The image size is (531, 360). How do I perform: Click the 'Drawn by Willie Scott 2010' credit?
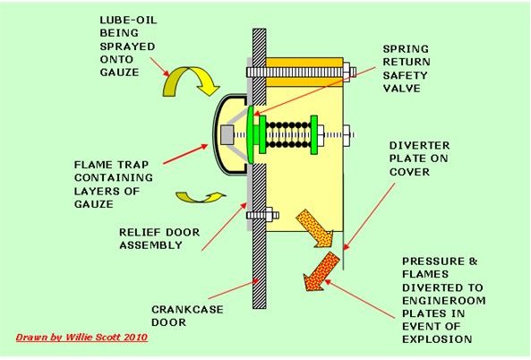[81, 338]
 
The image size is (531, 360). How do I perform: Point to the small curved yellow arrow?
[201, 197]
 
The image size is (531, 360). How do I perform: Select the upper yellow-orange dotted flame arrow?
[315, 228]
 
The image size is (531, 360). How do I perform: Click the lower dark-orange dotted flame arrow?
[321, 271]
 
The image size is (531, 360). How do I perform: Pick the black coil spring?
[288, 135]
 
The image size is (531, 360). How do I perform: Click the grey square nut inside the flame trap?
[227, 135]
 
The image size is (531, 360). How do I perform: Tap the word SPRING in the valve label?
[406, 49]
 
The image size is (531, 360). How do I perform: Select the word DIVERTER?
[419, 146]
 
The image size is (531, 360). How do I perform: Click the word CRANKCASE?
[187, 310]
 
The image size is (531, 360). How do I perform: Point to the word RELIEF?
[140, 232]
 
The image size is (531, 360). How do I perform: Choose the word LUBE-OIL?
[128, 20]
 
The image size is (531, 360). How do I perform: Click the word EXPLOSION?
[437, 339]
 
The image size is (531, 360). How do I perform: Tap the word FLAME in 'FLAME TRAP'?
[94, 165]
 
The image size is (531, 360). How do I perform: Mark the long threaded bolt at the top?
[301, 73]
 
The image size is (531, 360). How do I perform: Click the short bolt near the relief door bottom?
[262, 215]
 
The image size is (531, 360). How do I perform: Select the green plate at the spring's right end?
[314, 135]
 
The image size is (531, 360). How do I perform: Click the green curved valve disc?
[250, 134]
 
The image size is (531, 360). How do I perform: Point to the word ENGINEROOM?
[443, 300]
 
